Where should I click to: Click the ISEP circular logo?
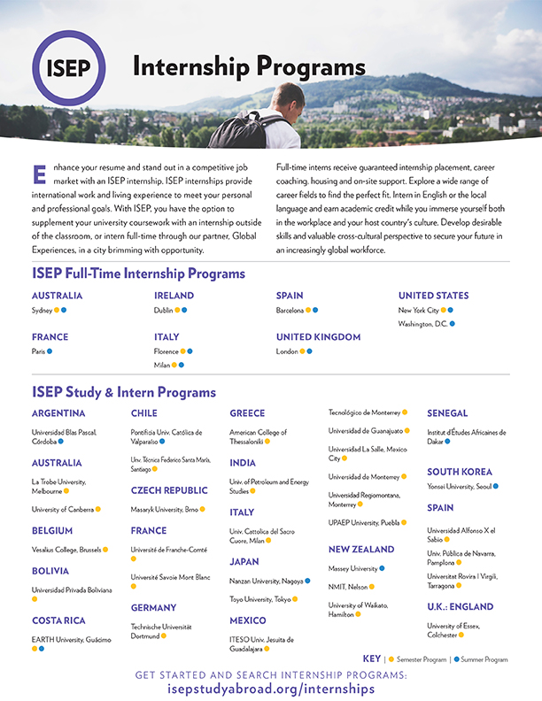pos(68,69)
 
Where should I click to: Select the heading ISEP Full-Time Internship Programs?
pos(138,273)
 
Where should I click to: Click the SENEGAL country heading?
pos(447,413)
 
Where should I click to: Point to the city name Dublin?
pos(163,311)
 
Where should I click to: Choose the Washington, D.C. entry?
pos(422,324)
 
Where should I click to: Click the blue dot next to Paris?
pos(50,351)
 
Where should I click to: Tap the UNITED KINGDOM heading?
pos(318,337)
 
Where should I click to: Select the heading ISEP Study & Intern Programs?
pos(123,392)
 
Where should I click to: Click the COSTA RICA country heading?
pos(58,620)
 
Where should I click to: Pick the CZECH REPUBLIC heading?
pos(169,490)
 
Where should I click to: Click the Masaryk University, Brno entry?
pos(164,510)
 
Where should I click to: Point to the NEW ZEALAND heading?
pos(360,550)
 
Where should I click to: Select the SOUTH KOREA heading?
pos(459,472)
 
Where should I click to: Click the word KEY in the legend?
pos(371,659)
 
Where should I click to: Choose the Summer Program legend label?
pos(484,659)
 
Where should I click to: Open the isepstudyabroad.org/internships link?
pos(271,689)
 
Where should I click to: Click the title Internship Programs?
pos(248,67)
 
